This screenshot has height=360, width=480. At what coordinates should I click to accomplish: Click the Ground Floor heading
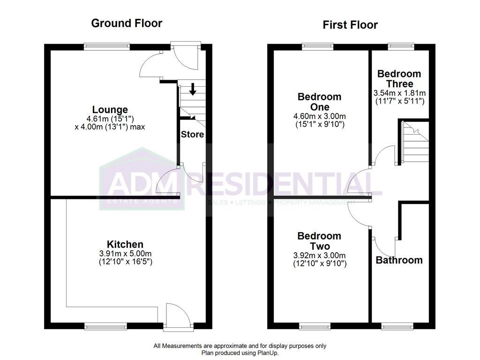[x=127, y=23]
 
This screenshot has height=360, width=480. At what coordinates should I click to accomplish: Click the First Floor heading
[x=350, y=25]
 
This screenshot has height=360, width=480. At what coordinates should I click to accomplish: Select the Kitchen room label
[x=125, y=244]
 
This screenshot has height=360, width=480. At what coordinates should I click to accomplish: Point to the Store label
[x=192, y=135]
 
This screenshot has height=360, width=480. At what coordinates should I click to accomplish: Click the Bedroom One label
[x=320, y=102]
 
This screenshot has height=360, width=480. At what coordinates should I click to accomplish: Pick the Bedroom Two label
[x=320, y=241]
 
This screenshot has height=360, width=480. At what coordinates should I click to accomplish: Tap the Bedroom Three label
[x=399, y=78]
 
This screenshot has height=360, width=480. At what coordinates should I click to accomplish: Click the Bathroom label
[x=399, y=260]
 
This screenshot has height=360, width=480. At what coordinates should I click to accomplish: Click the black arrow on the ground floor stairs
[x=193, y=89]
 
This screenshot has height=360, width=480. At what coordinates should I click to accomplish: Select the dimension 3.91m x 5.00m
[x=126, y=254]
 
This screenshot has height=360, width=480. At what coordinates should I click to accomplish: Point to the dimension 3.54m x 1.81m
[x=399, y=93]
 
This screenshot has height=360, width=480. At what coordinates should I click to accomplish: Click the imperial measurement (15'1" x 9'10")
[x=320, y=125]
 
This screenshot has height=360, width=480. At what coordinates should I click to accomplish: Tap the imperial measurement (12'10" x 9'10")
[x=320, y=263]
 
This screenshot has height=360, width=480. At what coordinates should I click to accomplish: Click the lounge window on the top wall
[x=107, y=47]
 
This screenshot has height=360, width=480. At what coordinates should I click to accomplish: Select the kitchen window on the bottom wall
[x=105, y=326]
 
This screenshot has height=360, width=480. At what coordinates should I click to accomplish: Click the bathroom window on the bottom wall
[x=397, y=326]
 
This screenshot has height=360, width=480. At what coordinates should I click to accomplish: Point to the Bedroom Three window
[x=401, y=46]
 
